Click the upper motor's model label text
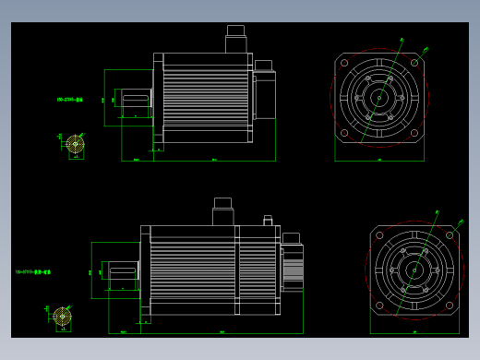69,99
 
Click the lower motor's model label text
33,272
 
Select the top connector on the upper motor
235,42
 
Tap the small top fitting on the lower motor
268,221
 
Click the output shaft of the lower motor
123,270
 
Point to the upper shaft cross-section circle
75,144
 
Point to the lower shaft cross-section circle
62,317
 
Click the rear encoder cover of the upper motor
264,94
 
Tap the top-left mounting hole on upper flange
344,64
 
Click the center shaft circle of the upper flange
379,98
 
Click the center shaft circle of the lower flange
414,270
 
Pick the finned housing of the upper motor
205,98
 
